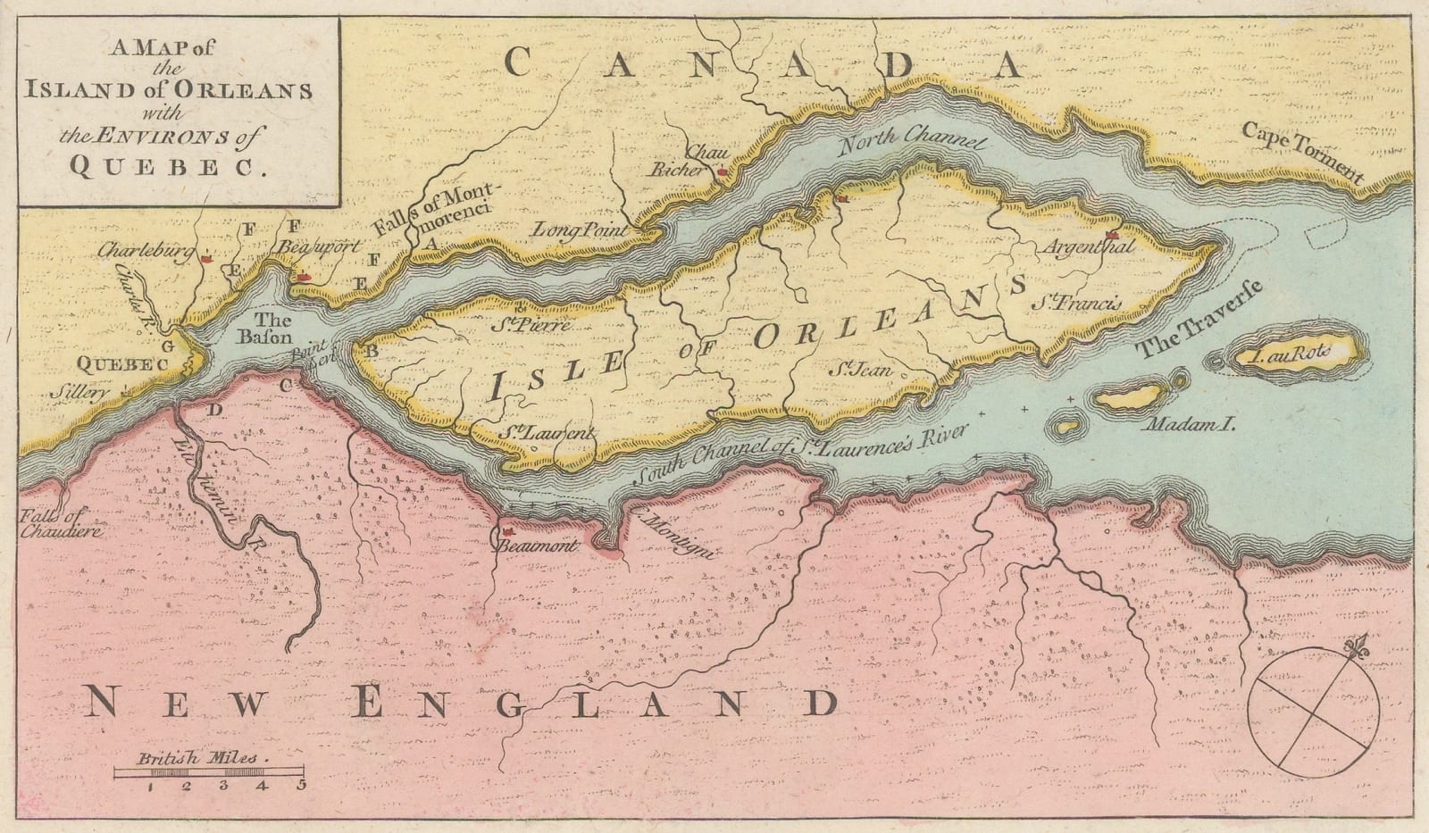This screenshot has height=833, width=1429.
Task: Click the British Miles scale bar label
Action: click(x=197, y=758)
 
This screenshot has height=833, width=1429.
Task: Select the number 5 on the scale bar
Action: click(x=302, y=786)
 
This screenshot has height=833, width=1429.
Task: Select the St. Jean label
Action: click(x=858, y=367)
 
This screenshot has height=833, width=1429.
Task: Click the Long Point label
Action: click(x=581, y=230)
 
